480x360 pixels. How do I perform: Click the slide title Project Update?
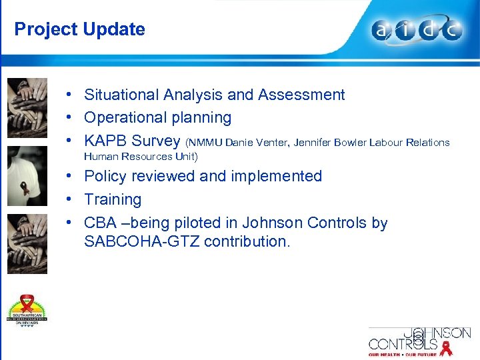tap(79, 29)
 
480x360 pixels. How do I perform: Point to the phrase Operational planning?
tap(157, 118)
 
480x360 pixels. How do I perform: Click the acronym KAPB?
tap(105, 141)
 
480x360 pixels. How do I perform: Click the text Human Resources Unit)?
tap(141, 157)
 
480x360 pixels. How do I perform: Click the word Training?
tap(113, 199)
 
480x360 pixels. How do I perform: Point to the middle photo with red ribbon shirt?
tap(27, 175)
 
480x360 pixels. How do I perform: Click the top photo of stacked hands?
tap(27, 107)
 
